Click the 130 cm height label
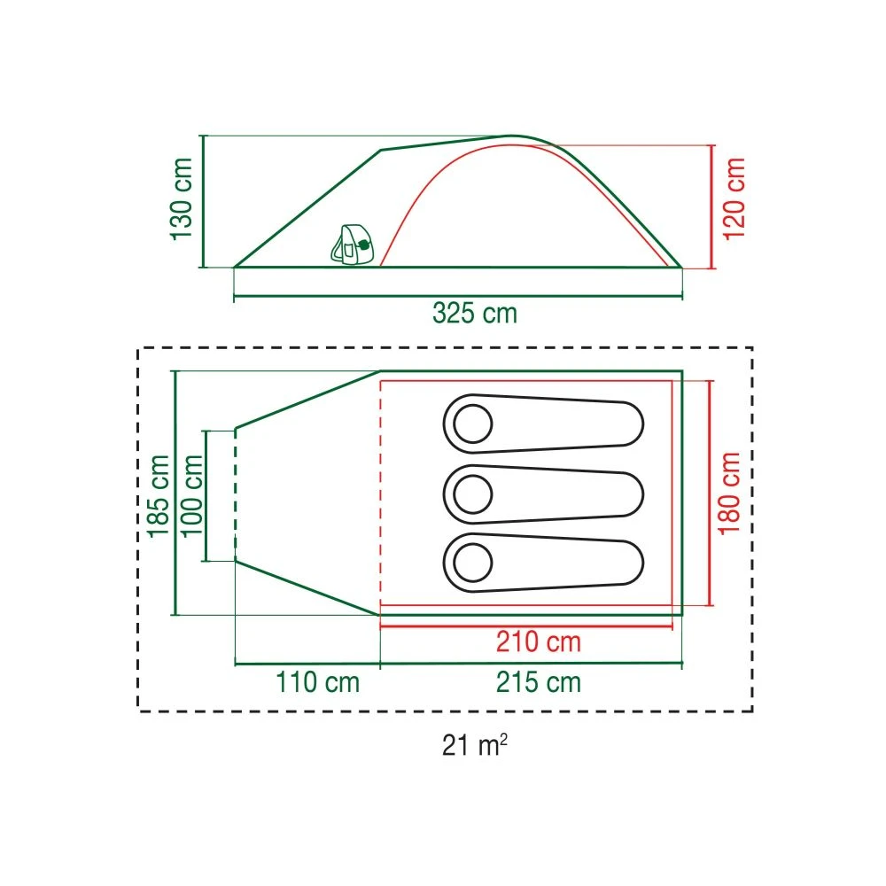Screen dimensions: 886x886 click(182, 198)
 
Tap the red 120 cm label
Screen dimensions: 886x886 click(734, 198)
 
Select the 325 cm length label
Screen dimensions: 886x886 click(475, 313)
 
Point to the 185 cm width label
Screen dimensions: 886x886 click(159, 495)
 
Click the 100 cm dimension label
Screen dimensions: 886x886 click(191, 495)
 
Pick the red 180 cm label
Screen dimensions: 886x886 click(729, 493)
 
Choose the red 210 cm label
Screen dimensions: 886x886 click(539, 641)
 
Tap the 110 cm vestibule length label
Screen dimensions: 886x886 click(317, 682)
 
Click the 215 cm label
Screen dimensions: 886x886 click(539, 682)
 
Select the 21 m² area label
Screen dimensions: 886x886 click(475, 745)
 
